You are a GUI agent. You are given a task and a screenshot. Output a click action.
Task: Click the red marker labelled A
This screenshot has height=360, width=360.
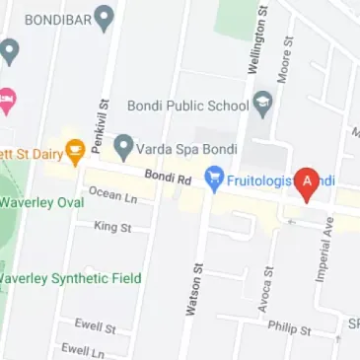pos(306,182)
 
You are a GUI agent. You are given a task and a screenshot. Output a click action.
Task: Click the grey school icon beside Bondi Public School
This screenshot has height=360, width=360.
pos(262,101)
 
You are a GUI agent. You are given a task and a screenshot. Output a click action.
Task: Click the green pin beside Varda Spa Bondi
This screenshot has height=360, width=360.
pos(123,148)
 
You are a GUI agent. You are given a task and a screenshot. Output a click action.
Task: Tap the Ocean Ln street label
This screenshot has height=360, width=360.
pos(112,195)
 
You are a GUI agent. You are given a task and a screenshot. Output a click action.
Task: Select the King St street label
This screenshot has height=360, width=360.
pos(111,228)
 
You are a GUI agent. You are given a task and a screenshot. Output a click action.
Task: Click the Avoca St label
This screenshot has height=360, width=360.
pos(265,287)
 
